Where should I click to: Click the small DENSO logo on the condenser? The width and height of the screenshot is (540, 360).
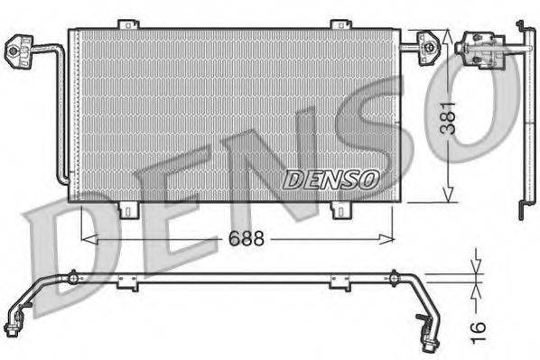click(330, 179)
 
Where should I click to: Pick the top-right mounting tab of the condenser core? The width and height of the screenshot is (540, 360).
click(340, 24)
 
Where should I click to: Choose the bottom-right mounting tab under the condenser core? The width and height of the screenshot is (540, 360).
click(340, 209)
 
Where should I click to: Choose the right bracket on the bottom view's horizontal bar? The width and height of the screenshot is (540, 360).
click(340, 282)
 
